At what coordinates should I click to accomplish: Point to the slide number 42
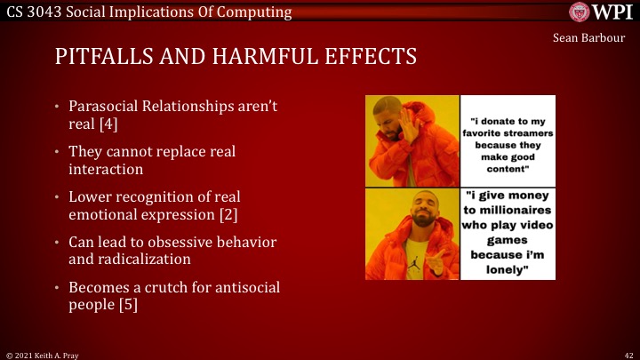pyautogui.click(x=628, y=353)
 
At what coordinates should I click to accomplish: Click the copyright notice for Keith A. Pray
pyautogui.click(x=40, y=353)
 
